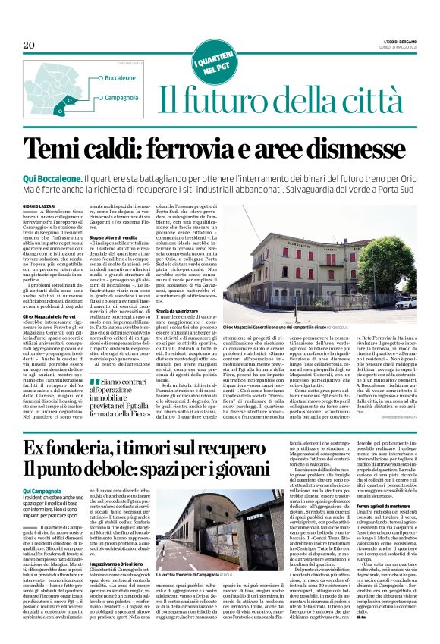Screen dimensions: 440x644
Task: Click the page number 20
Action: [29, 46]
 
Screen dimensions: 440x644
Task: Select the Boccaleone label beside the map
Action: [99, 78]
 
